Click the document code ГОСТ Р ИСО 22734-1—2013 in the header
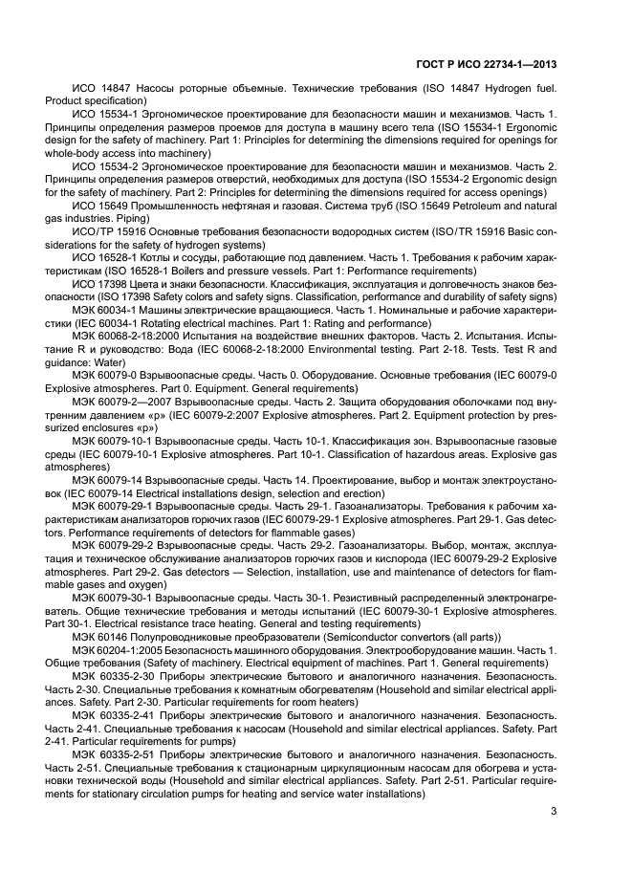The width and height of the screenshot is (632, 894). [488, 64]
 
